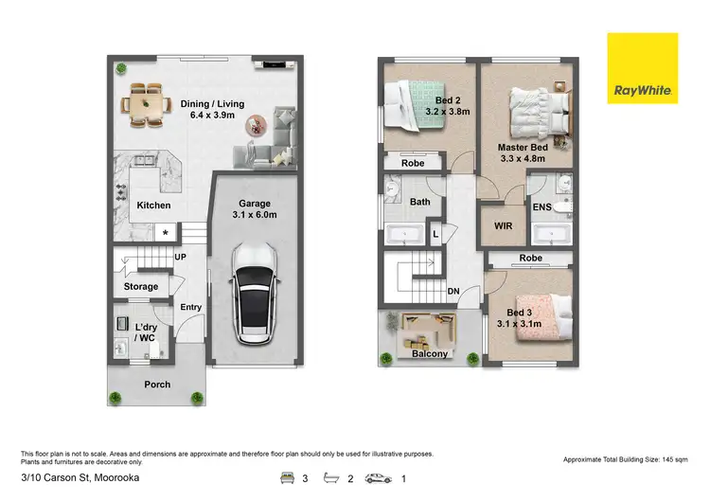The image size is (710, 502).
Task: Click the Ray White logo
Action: tap(642, 67)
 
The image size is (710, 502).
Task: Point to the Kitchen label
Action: tap(153, 205)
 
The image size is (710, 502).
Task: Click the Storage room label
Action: tap(141, 286)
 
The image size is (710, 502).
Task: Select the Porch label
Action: tap(157, 385)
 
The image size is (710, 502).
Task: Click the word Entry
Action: tap(191, 306)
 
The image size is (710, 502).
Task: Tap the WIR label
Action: tap(504, 226)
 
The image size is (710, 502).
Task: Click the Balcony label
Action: tap(430, 353)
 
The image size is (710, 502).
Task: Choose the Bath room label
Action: tap(420, 201)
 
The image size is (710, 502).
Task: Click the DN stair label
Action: tap(453, 292)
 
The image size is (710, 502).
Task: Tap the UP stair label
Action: tap(179, 257)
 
